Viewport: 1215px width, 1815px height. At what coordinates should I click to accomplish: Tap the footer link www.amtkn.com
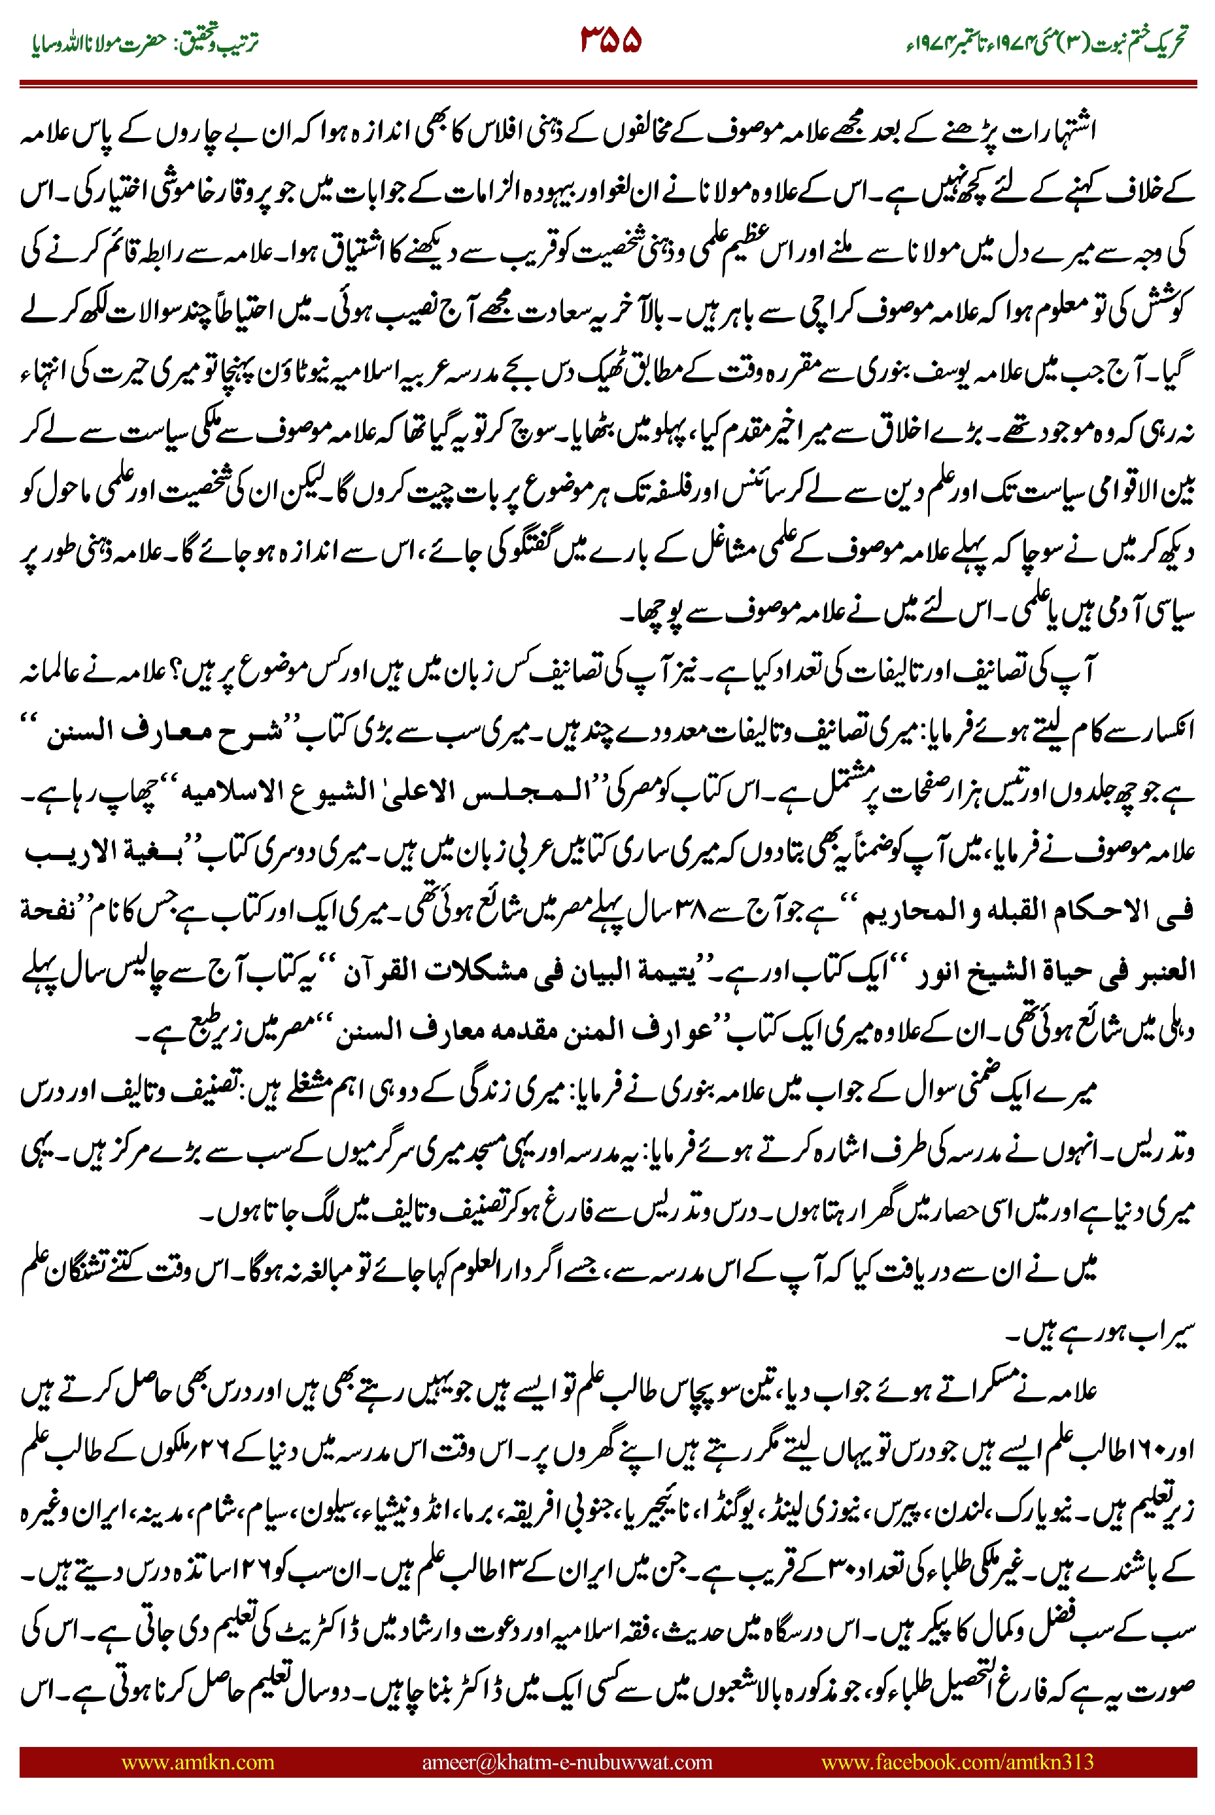point(197,1761)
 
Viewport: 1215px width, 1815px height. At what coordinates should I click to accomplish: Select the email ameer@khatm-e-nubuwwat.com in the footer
point(566,1761)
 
